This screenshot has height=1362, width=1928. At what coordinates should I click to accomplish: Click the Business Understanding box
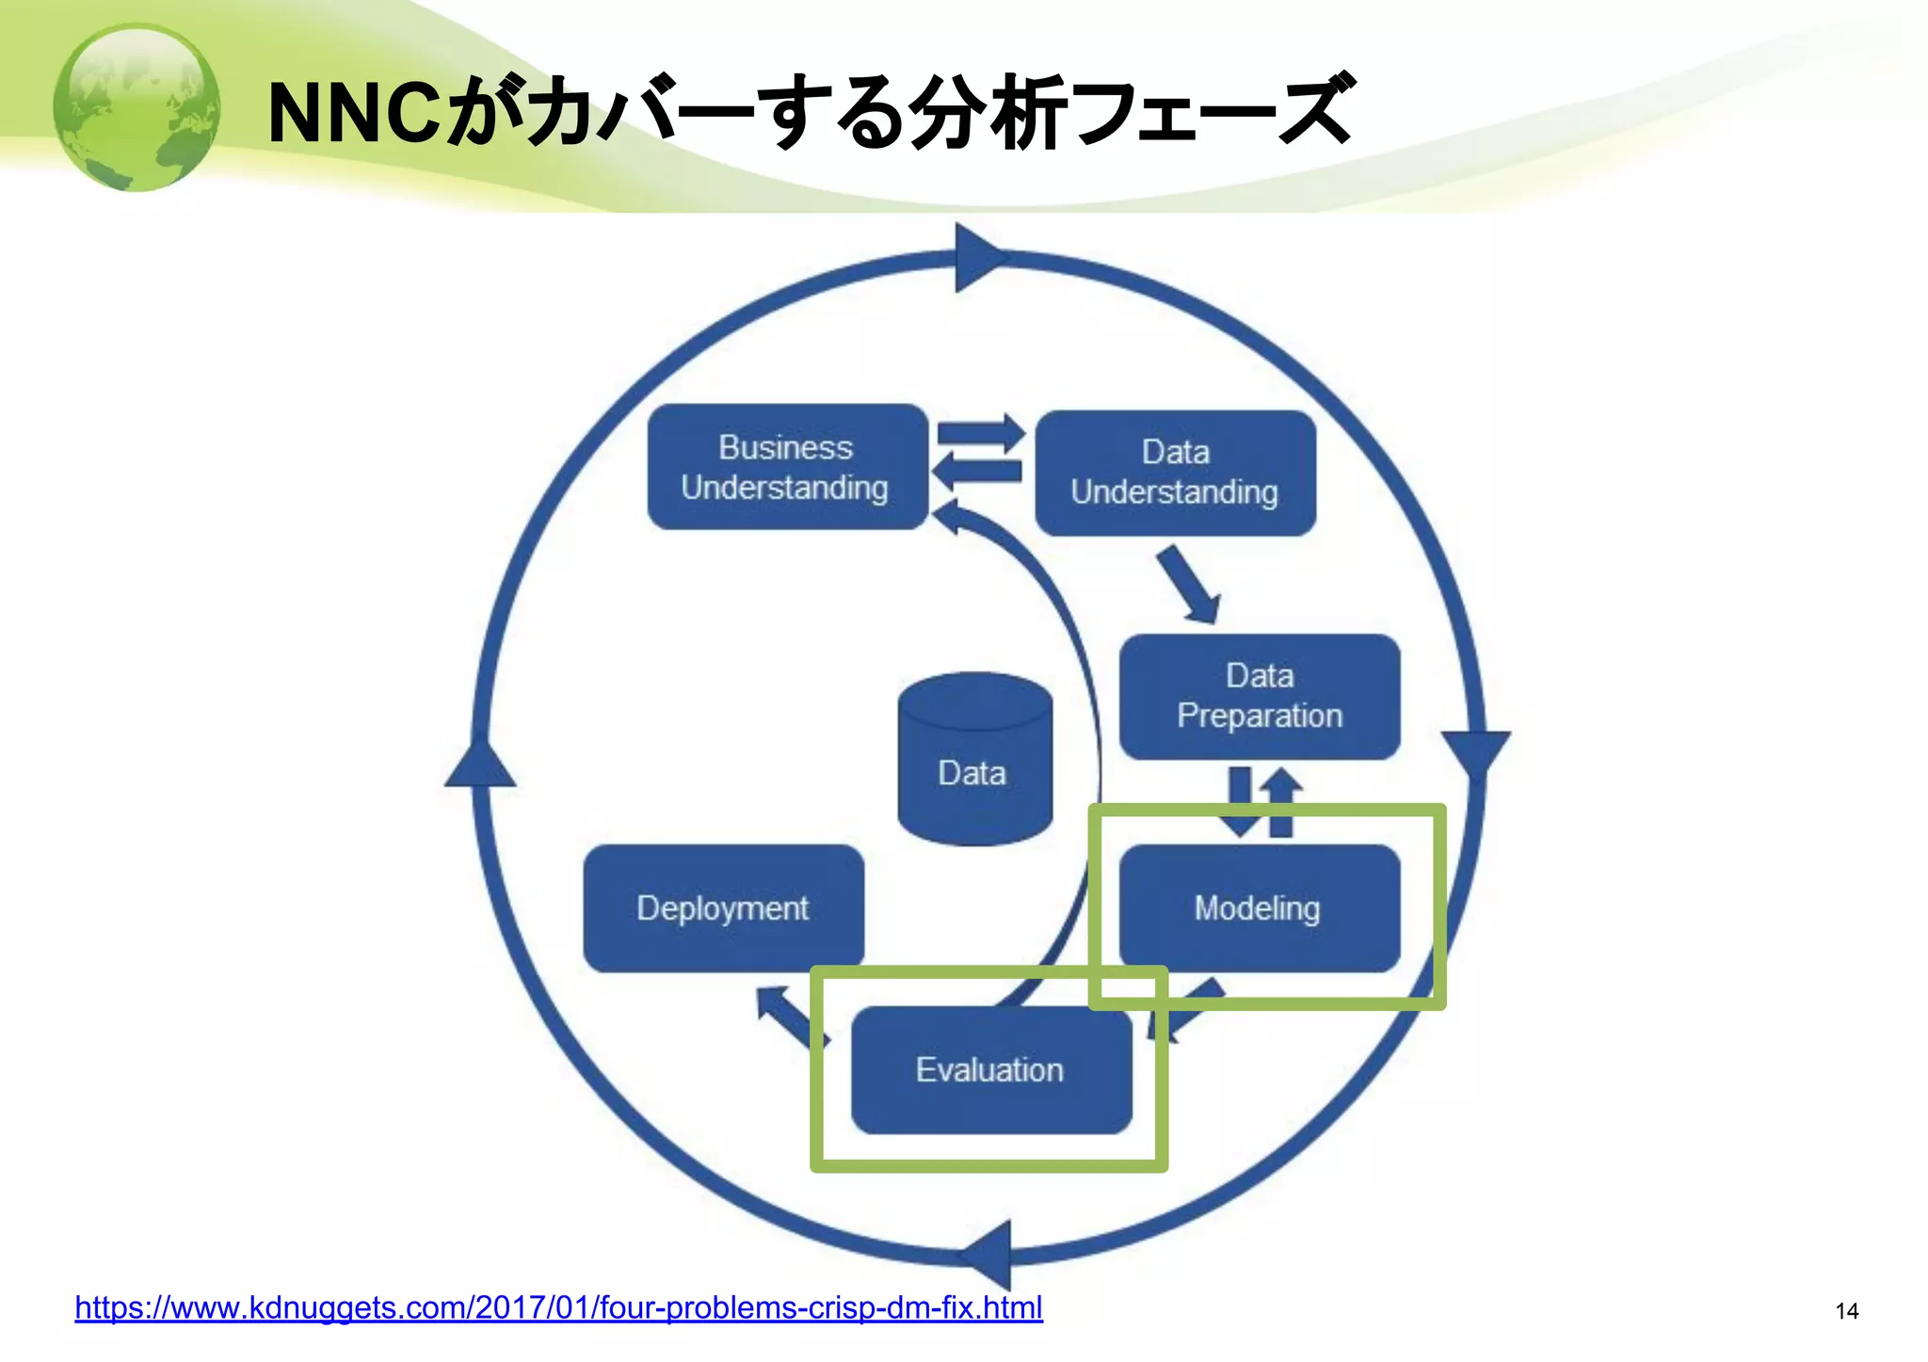point(787,467)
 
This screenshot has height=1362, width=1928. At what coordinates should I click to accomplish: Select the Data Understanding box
point(1175,473)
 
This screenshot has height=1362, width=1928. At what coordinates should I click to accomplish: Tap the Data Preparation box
point(1259,697)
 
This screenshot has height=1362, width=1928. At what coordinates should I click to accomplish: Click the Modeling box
point(1259,908)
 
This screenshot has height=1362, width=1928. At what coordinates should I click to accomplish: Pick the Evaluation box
point(990,1070)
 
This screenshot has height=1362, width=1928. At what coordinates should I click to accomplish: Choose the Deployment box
point(723,908)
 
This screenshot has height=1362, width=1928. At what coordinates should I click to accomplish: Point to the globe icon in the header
point(137,107)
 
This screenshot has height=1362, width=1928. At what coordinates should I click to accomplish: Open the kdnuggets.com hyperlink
point(558,1307)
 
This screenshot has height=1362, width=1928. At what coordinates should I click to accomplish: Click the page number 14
point(1846,1311)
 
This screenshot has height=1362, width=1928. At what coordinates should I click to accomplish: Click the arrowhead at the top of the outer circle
point(976,257)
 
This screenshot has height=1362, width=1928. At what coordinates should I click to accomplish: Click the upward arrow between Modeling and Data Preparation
point(1281,802)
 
